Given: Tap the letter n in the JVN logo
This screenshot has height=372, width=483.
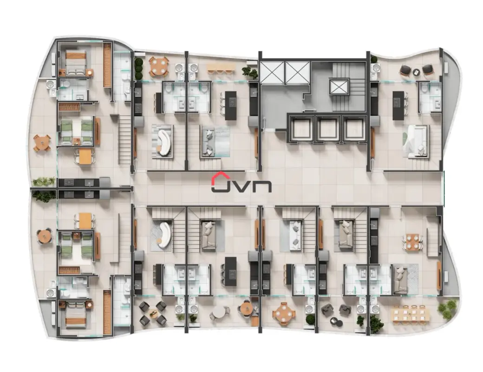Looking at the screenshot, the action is [262, 186].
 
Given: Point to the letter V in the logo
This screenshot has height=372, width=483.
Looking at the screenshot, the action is [242, 186].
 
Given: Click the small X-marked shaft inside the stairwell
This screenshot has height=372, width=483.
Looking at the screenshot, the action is [339, 86].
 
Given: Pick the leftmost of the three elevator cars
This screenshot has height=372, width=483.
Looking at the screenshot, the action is [301, 128].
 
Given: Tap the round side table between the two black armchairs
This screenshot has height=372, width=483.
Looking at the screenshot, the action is [416, 72].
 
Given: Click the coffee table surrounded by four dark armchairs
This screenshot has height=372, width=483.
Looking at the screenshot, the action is [153, 313].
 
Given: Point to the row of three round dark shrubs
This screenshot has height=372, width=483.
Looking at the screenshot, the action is [138, 68].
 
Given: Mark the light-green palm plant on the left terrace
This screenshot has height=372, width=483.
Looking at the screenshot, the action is [44, 181].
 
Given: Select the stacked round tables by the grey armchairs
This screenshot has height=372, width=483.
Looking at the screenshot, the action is [336, 321].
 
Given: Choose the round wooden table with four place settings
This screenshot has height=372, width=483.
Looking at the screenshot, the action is [283, 314].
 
